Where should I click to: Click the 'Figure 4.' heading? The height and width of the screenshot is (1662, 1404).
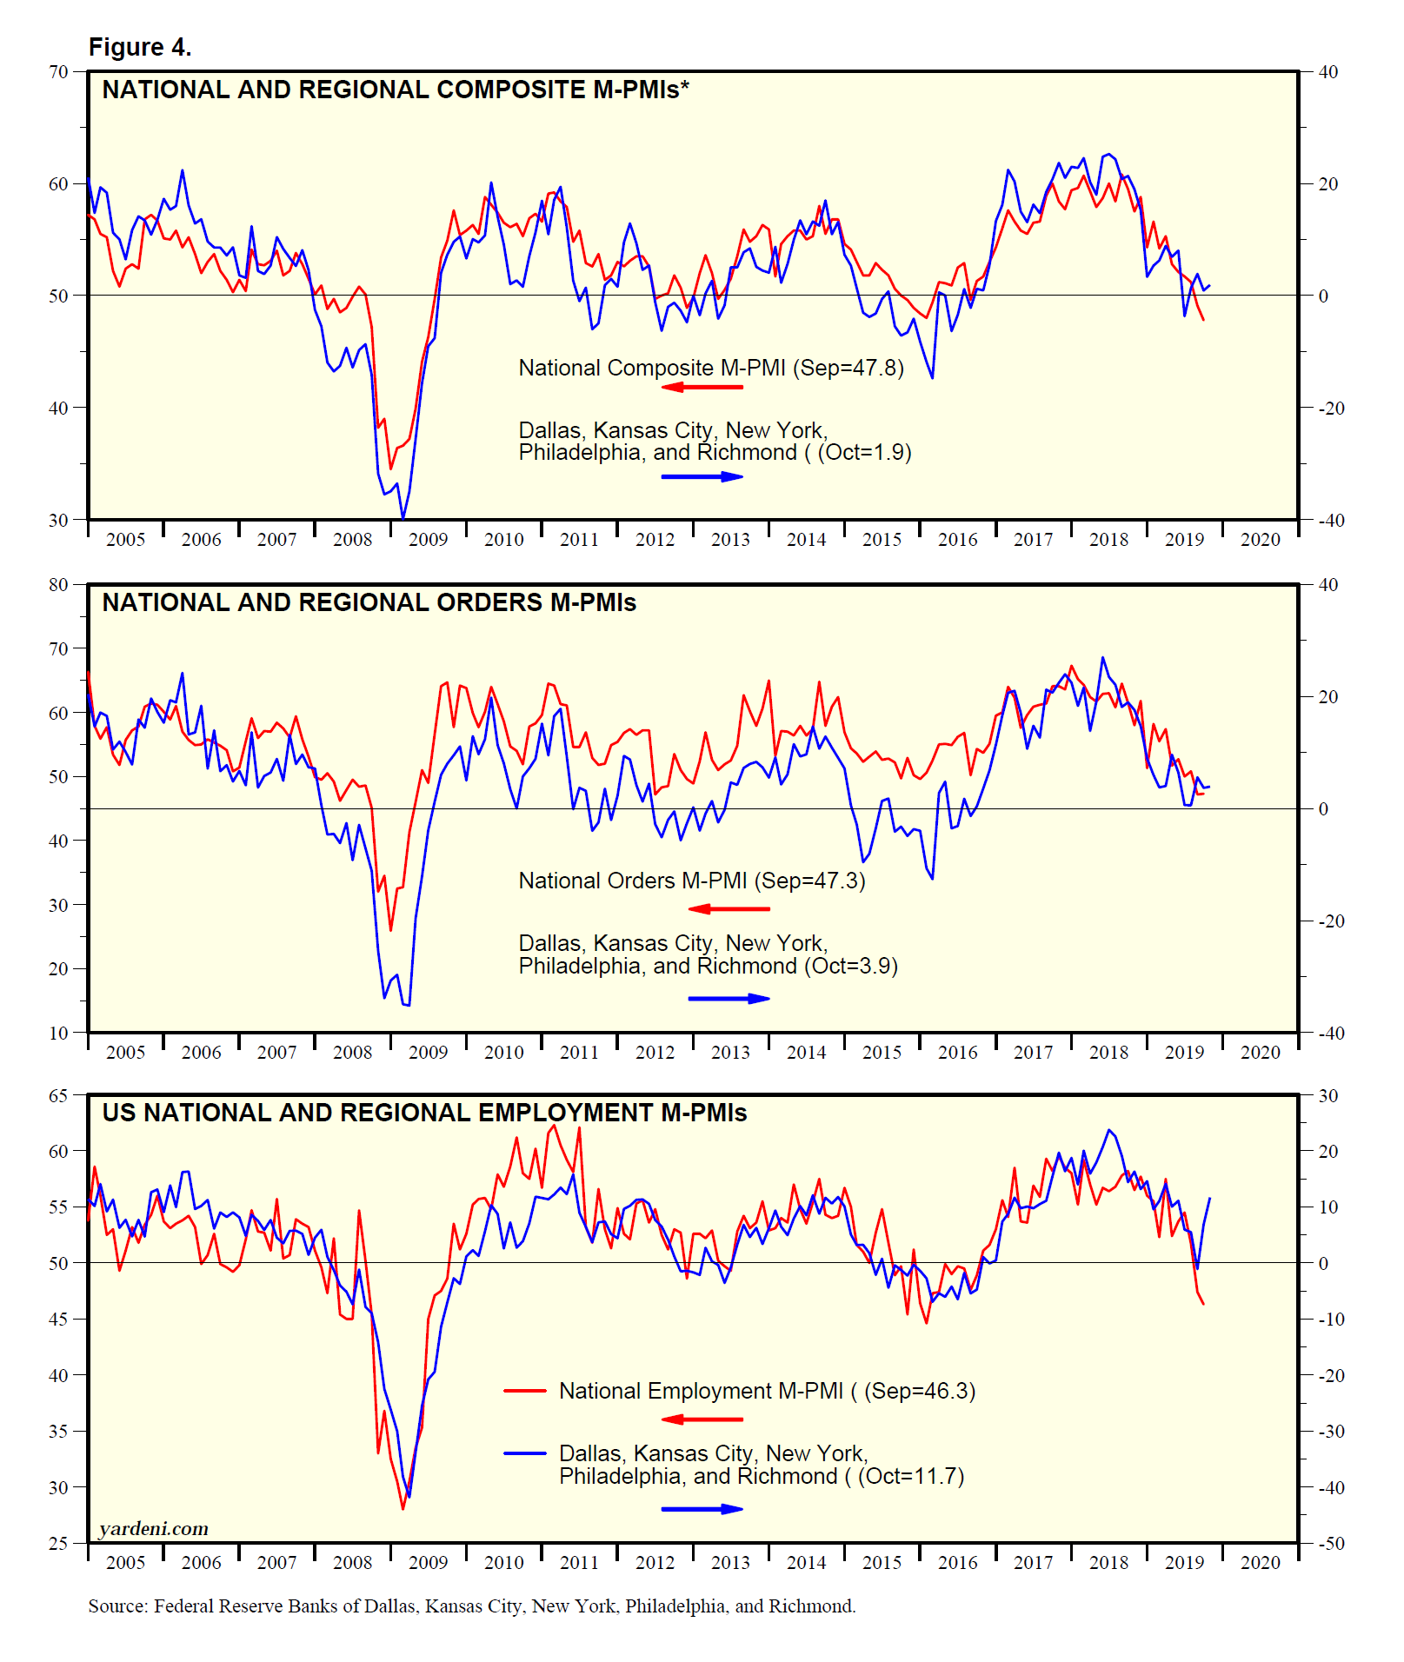tap(140, 47)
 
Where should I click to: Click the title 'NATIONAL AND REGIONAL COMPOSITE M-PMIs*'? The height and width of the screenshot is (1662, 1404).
tap(396, 90)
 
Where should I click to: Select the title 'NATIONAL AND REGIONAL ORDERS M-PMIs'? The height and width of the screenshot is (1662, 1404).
tap(369, 602)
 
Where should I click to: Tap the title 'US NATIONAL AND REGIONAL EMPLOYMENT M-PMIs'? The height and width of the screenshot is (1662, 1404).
tap(424, 1113)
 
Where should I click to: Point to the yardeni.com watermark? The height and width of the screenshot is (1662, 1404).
tap(153, 1528)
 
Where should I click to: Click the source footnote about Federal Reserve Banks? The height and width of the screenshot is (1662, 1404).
tap(471, 1605)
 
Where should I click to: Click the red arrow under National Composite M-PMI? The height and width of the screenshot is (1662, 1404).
tap(702, 387)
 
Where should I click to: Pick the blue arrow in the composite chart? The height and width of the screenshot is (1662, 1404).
tap(702, 476)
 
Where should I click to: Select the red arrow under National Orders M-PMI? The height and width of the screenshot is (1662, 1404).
tap(729, 909)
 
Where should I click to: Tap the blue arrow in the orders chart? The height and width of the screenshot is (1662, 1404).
tap(729, 998)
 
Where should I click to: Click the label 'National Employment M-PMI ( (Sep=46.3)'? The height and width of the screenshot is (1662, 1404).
tap(767, 1391)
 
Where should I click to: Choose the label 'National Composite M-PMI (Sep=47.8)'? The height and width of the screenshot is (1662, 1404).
tap(711, 368)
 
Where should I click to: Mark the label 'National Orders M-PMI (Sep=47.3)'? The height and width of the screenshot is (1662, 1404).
tap(692, 881)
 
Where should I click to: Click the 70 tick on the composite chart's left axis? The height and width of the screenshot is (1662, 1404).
tap(58, 72)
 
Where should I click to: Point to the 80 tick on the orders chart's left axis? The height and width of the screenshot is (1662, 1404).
tap(58, 584)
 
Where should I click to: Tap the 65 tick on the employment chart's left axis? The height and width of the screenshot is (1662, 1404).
tap(58, 1095)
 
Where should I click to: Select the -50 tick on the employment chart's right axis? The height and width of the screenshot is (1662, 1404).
tap(1331, 1544)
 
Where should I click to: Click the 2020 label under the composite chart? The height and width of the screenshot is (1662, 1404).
tap(1260, 540)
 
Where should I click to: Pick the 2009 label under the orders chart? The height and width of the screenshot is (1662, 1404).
tap(428, 1053)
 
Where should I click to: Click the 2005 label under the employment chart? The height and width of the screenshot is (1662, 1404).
tap(125, 1563)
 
